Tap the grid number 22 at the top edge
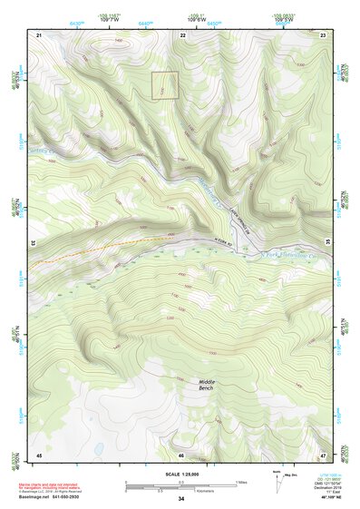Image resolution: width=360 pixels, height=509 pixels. point(183,34)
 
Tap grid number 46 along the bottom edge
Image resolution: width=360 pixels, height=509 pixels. point(181,455)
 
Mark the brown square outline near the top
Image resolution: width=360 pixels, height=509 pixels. point(164,85)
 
